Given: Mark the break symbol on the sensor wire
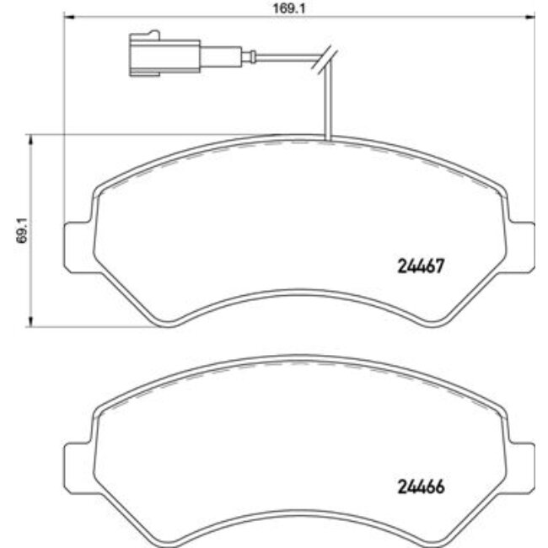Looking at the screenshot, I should [324, 58].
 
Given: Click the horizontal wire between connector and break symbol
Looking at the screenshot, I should [282, 58].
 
